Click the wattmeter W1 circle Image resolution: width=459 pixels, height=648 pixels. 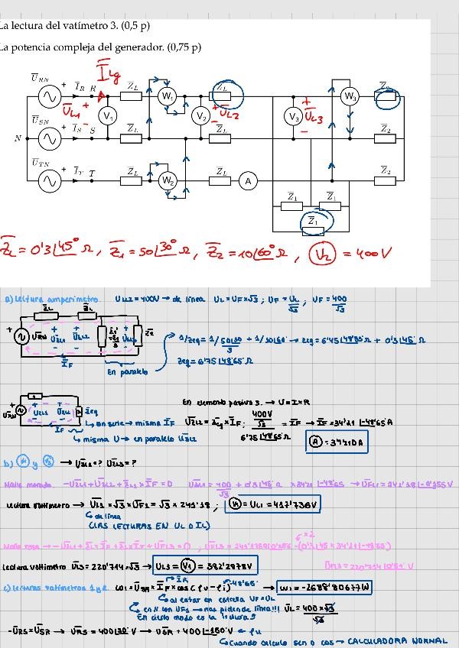coord(168,96)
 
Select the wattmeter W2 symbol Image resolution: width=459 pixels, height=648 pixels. coord(168,181)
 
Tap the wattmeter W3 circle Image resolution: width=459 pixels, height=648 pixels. coord(350,96)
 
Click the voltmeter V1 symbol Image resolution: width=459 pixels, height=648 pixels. coord(109,116)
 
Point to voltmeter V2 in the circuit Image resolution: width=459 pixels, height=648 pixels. coord(200,116)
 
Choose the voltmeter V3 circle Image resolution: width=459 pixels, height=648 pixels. coord(292,116)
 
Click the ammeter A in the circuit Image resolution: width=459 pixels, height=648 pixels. coord(247,181)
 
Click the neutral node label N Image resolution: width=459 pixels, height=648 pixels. coord(18,138)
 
